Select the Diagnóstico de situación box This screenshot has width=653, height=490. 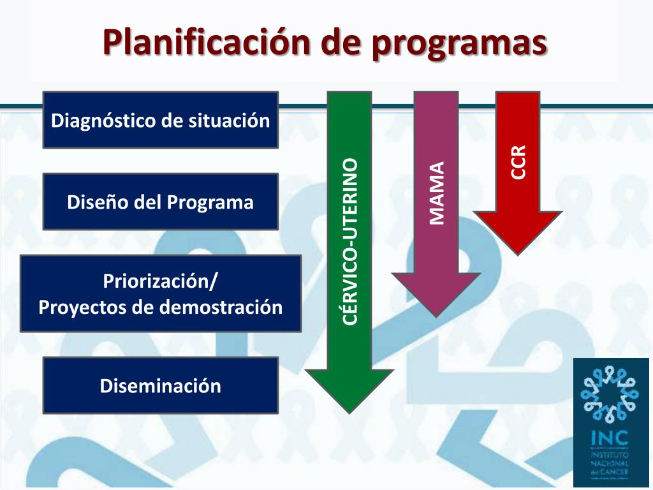point(160,120)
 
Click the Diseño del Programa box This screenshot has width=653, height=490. point(160,202)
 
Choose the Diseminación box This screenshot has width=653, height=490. point(160,385)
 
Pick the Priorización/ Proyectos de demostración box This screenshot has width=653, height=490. point(160,293)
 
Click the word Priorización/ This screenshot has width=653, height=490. point(160,281)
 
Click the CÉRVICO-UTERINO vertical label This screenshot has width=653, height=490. point(349,242)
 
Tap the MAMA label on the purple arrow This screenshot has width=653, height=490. point(436,193)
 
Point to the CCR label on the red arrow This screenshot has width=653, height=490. point(518,162)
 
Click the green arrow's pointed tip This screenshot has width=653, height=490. point(349,410)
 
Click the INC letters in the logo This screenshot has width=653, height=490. point(609,438)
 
